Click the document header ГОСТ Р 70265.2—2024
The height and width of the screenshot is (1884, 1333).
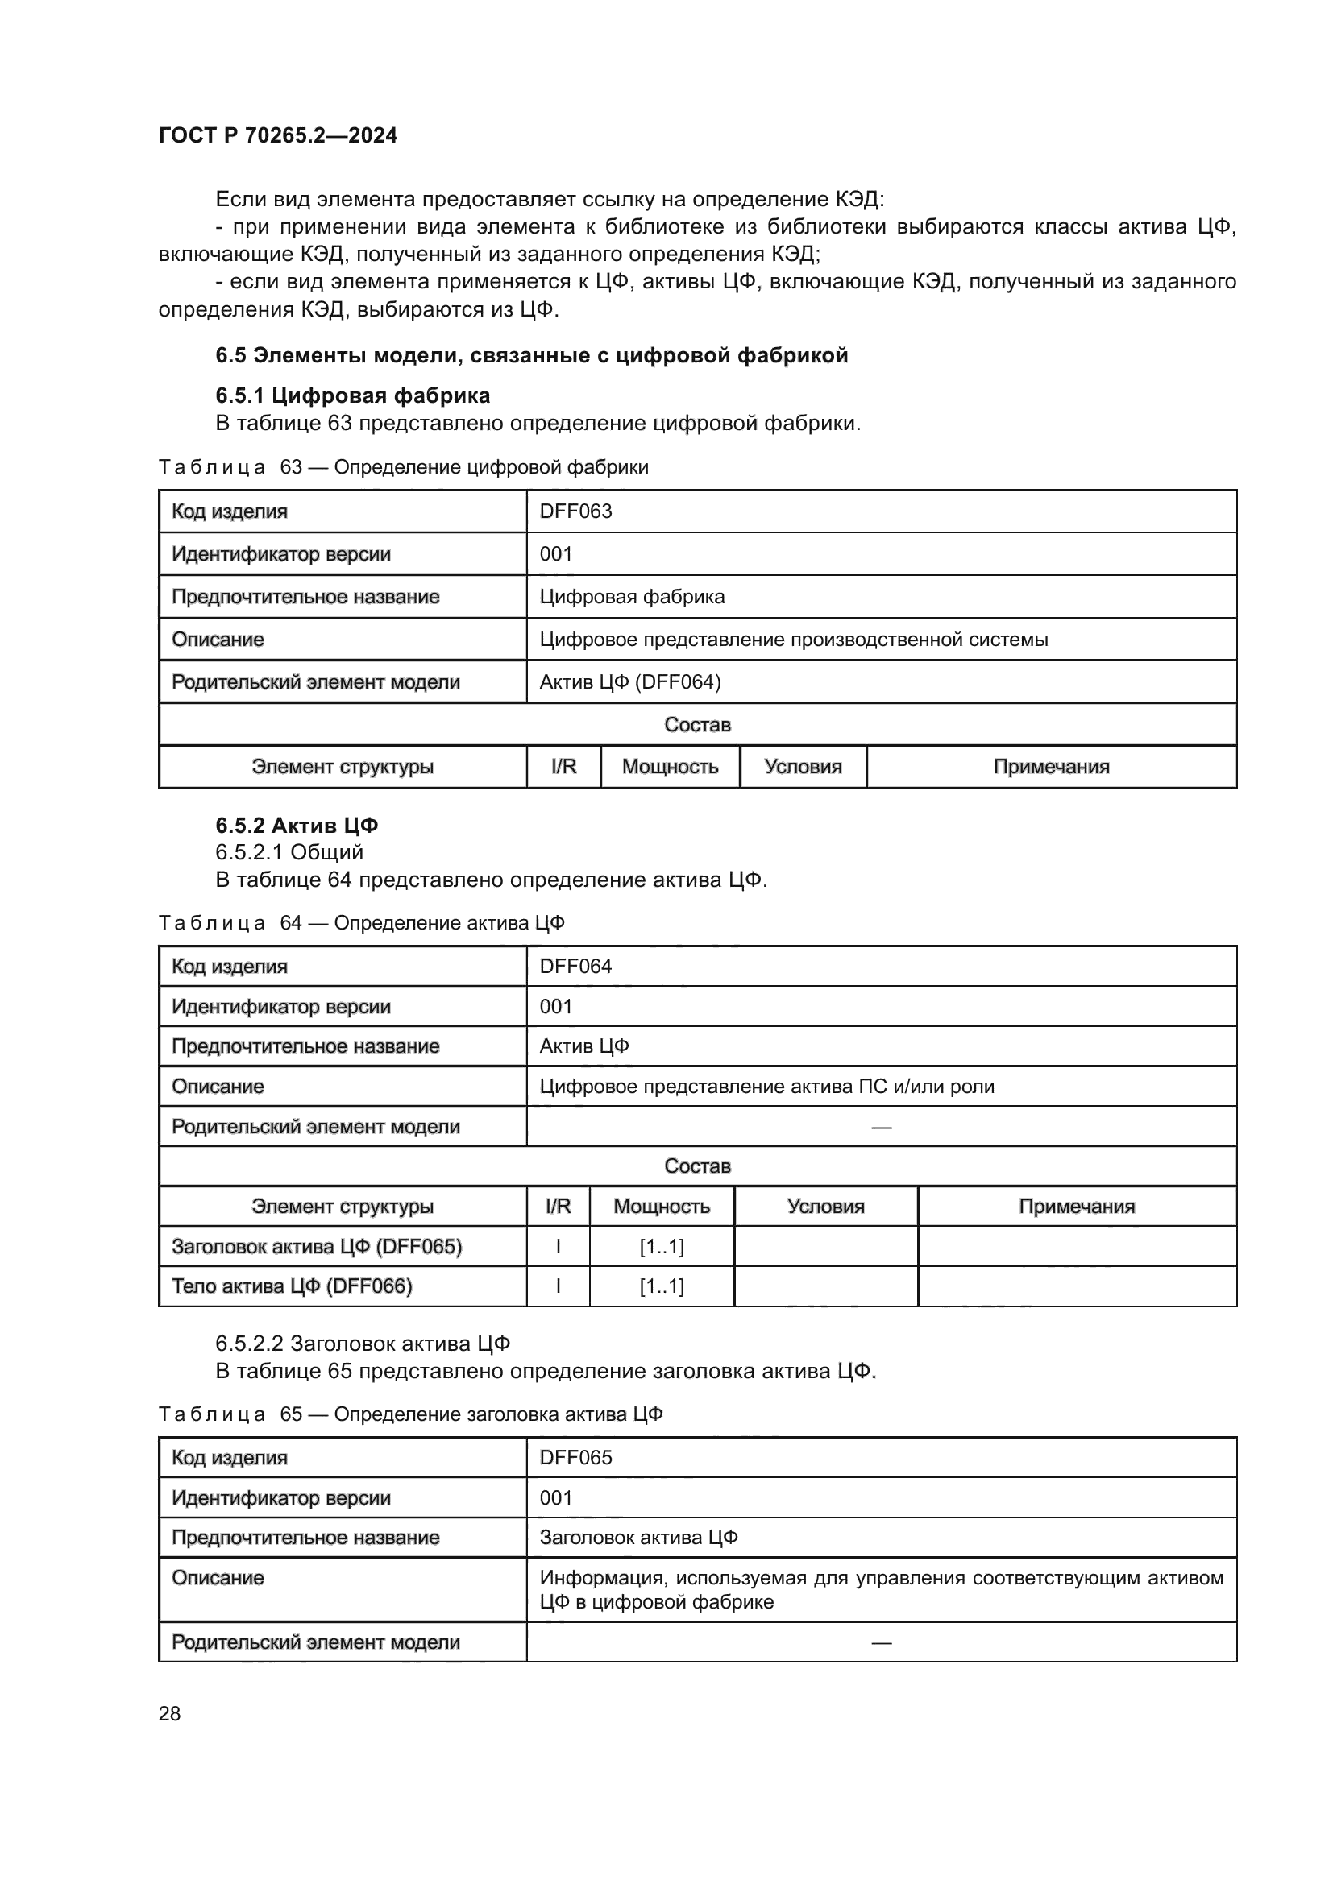pyautogui.click(x=277, y=135)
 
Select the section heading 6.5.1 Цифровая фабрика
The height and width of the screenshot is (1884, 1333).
pyautogui.click(x=352, y=395)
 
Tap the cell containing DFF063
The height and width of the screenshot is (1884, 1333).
pyautogui.click(x=575, y=511)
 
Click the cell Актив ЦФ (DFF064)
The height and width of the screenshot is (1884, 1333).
pyautogui.click(x=629, y=682)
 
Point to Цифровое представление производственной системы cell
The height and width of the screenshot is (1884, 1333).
pyautogui.click(x=793, y=640)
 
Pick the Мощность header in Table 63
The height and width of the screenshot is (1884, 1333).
pyautogui.click(x=670, y=766)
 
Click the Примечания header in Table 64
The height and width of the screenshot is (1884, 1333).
pyautogui.click(x=1076, y=1207)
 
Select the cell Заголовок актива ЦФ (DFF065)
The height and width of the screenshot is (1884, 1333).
pyautogui.click(x=317, y=1246)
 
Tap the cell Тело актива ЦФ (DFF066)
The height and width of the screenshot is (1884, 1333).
pyautogui.click(x=292, y=1286)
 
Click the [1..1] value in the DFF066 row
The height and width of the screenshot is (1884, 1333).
pyautogui.click(x=662, y=1286)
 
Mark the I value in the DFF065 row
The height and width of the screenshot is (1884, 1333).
pyautogui.click(x=559, y=1246)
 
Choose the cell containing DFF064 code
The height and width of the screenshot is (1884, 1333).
pyautogui.click(x=575, y=966)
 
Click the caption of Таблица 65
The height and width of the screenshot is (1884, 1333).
pyautogui.click(x=410, y=1414)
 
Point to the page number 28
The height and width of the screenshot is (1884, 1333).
pyautogui.click(x=169, y=1713)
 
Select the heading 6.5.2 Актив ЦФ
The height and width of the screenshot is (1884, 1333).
pyautogui.click(x=297, y=825)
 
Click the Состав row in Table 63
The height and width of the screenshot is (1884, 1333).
pyautogui.click(x=697, y=725)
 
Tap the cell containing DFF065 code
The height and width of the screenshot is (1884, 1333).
pyautogui.click(x=575, y=1457)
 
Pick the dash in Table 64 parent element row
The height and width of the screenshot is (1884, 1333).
pyautogui.click(x=881, y=1127)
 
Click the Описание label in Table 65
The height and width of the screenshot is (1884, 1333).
pyautogui.click(x=218, y=1577)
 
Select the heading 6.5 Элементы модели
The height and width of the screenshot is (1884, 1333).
pyautogui.click(x=531, y=355)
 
